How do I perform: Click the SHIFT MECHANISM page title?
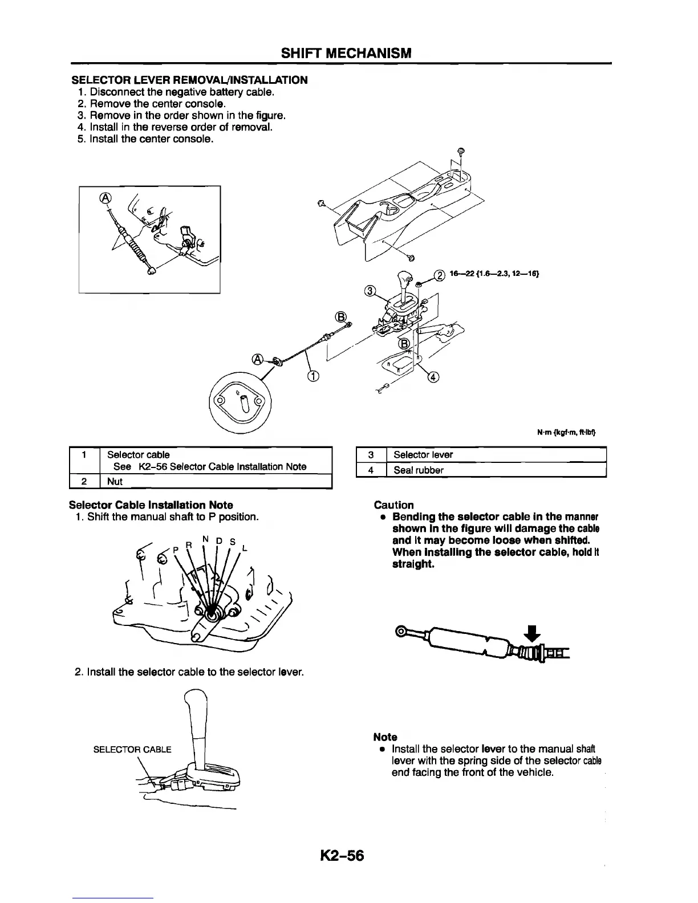tap(346, 54)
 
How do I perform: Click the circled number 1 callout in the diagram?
tap(313, 375)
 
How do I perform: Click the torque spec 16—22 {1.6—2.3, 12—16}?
tap(494, 274)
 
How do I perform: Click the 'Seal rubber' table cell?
tap(419, 470)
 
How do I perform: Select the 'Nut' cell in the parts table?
tap(115, 482)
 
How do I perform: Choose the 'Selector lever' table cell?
tap(423, 455)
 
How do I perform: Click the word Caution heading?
tap(393, 505)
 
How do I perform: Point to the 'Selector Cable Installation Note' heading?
tap(151, 505)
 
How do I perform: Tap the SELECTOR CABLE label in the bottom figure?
tap(132, 749)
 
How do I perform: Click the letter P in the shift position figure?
tap(177, 548)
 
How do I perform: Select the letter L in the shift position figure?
tap(245, 548)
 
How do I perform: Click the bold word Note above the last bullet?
tap(385, 737)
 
